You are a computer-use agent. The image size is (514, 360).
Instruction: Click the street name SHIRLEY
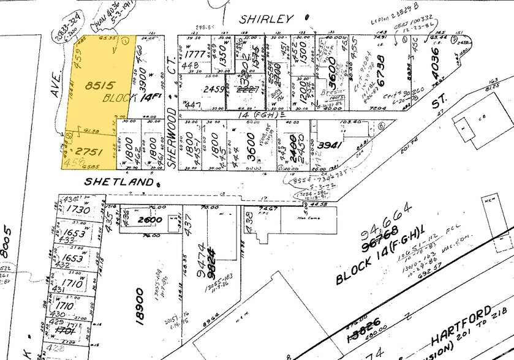click(266, 19)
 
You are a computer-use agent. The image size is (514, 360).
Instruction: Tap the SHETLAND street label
click(118, 181)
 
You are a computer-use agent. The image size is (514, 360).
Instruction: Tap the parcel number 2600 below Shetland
click(149, 220)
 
